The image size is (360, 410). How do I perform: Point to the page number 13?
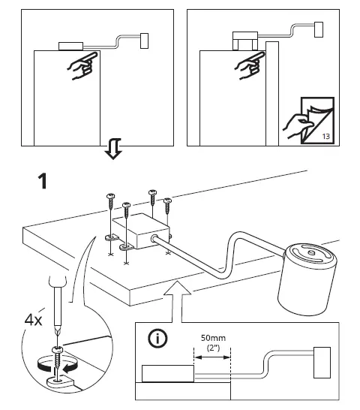325,136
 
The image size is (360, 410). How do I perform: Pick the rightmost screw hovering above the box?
167,205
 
